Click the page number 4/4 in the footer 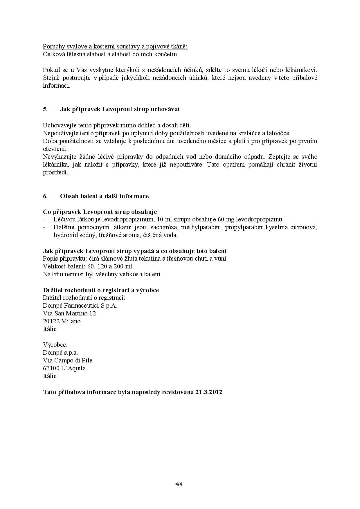180,484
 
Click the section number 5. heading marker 45,109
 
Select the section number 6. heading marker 45,196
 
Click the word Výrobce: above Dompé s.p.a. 55,345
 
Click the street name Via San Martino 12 69,313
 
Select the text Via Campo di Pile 68,360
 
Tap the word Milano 71,321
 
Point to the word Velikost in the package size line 53,266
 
